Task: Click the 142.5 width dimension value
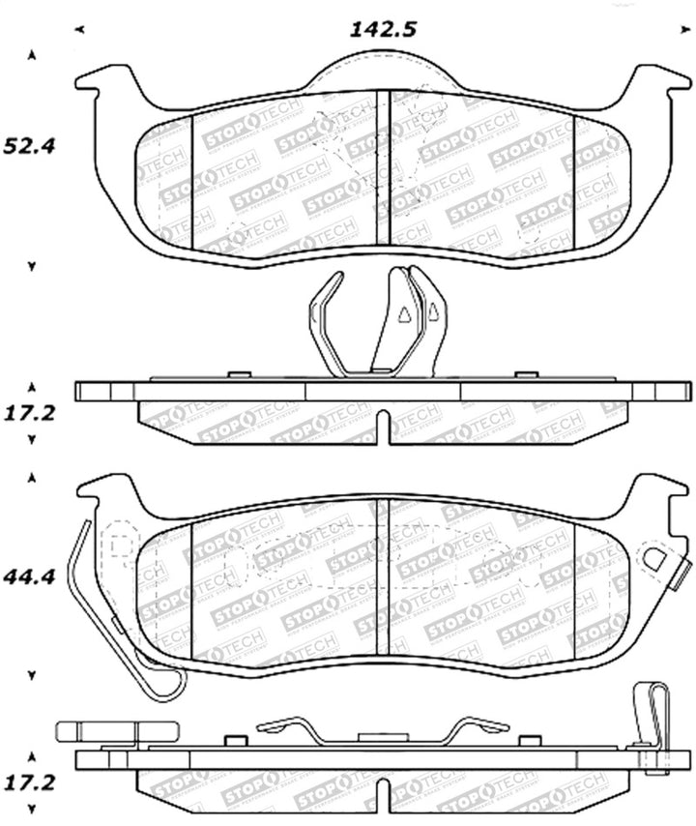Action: point(383,30)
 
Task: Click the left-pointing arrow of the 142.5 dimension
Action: point(78,30)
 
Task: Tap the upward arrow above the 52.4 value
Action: point(33,55)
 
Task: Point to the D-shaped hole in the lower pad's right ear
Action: point(654,559)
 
